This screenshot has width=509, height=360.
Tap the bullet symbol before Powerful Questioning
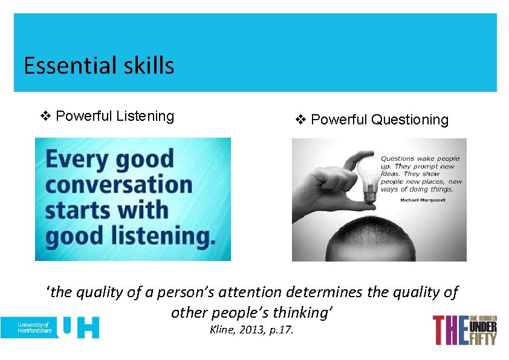301,120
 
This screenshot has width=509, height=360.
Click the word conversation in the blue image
118,185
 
